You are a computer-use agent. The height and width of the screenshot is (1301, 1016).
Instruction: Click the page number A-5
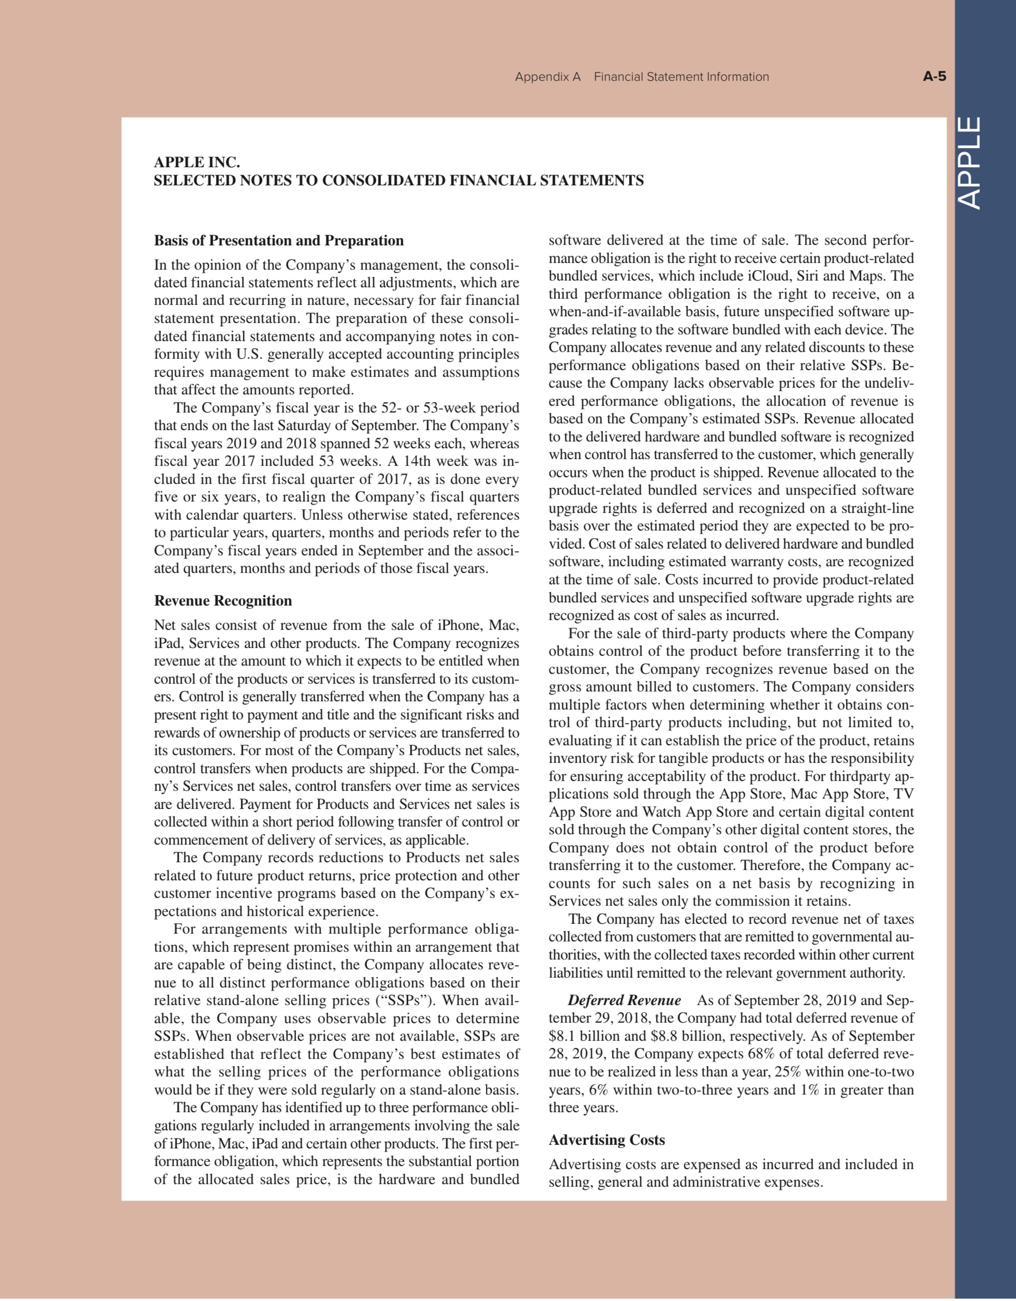click(934, 77)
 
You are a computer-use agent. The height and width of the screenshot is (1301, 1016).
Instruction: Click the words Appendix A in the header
click(547, 77)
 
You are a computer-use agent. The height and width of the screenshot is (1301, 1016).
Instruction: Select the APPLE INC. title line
click(197, 162)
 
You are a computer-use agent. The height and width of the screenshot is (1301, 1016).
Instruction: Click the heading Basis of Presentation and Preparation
click(279, 241)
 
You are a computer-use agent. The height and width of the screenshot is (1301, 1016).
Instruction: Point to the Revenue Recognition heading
click(223, 600)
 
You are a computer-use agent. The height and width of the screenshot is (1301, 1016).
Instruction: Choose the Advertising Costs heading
click(607, 1140)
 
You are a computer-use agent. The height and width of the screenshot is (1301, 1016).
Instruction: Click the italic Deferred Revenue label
click(624, 1000)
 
